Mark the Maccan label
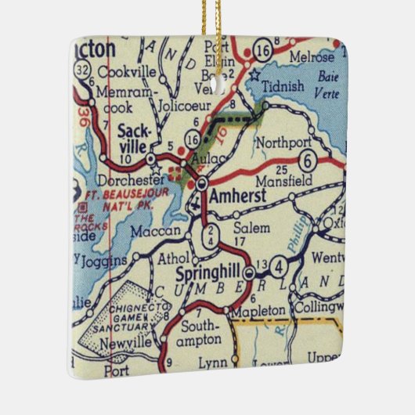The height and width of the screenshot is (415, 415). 155,232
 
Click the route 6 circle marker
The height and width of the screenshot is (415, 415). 309,161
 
